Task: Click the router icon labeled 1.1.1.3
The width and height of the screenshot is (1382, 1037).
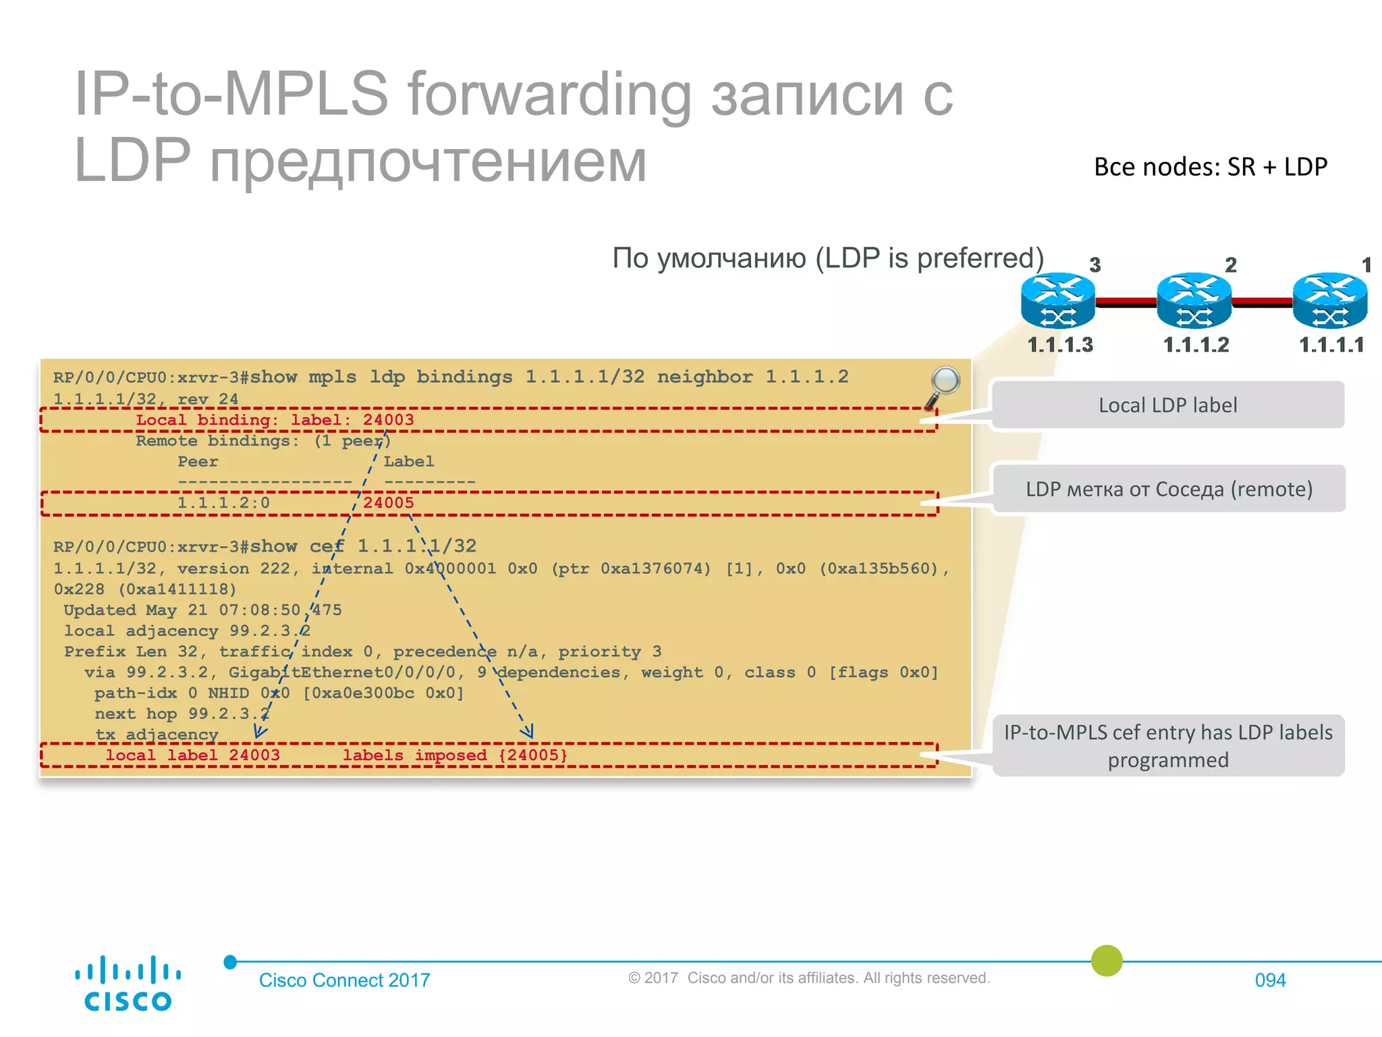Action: [1057, 300]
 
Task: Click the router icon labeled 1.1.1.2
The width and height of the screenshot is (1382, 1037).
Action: [1194, 300]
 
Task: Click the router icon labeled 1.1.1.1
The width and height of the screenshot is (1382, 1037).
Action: [1329, 300]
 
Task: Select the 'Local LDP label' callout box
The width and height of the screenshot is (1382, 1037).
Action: [1167, 405]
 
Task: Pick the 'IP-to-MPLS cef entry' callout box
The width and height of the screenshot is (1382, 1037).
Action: [1168, 746]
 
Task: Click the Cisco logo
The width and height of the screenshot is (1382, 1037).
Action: [128, 984]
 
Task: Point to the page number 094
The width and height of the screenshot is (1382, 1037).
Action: [1270, 980]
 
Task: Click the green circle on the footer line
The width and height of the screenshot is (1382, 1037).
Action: [1107, 961]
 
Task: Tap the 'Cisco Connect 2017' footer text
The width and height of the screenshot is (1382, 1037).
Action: [344, 980]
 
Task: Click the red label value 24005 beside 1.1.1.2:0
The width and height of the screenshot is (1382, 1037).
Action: [388, 503]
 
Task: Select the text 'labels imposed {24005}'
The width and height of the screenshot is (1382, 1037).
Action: [455, 755]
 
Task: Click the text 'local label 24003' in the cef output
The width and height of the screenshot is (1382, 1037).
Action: [192, 755]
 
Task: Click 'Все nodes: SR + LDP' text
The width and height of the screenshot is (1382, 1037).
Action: [1211, 167]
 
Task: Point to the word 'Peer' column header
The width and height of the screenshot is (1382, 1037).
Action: [198, 462]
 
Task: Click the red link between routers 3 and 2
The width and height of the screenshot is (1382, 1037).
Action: [1126, 302]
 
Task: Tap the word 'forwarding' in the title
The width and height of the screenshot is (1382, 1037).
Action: [549, 94]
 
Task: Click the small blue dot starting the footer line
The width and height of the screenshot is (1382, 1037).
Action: [230, 962]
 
